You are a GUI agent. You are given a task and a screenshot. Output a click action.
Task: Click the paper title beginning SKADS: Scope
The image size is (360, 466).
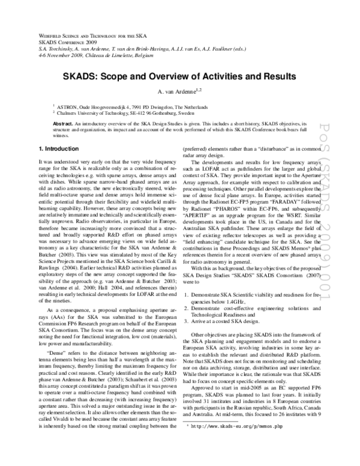[180, 77]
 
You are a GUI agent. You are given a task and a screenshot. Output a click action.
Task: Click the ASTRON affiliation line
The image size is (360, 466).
[134, 105]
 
